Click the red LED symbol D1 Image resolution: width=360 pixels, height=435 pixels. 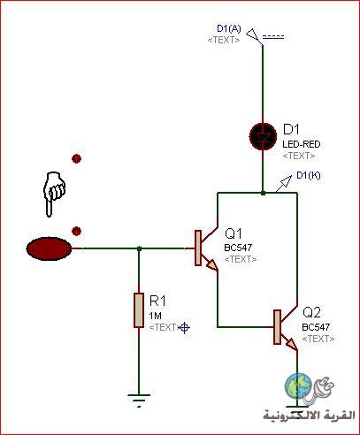pos(263,136)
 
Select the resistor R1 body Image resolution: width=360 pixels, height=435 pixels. pos(139,310)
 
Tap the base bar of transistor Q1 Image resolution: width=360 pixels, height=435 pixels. pos(198,248)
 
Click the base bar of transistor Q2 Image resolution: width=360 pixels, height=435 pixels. pos(277,327)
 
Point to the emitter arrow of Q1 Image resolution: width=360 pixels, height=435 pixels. pos(212,265)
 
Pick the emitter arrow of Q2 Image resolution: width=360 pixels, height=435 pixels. pos(291,344)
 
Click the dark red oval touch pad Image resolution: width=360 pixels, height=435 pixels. pos(49,248)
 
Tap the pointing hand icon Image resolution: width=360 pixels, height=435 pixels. pos(54,194)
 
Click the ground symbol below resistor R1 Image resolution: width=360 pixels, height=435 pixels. pos(139,401)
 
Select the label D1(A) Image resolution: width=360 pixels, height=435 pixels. pos(229,28)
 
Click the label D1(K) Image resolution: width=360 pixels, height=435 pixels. pos(309,175)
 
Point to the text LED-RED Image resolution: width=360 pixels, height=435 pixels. pos(302,144)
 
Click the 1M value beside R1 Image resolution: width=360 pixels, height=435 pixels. pos(155,316)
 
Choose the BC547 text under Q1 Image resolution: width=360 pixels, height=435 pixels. pos(238,248)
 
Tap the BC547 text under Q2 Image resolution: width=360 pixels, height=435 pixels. pos(316,327)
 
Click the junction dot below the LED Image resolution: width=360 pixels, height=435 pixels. pos(263,193)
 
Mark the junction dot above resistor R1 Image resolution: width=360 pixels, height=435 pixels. pos(140,248)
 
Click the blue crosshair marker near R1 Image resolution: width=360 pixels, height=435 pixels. pos(184,328)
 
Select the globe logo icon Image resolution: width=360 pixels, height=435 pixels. pos(298,385)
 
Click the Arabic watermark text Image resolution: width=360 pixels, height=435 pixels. pos(309,416)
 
